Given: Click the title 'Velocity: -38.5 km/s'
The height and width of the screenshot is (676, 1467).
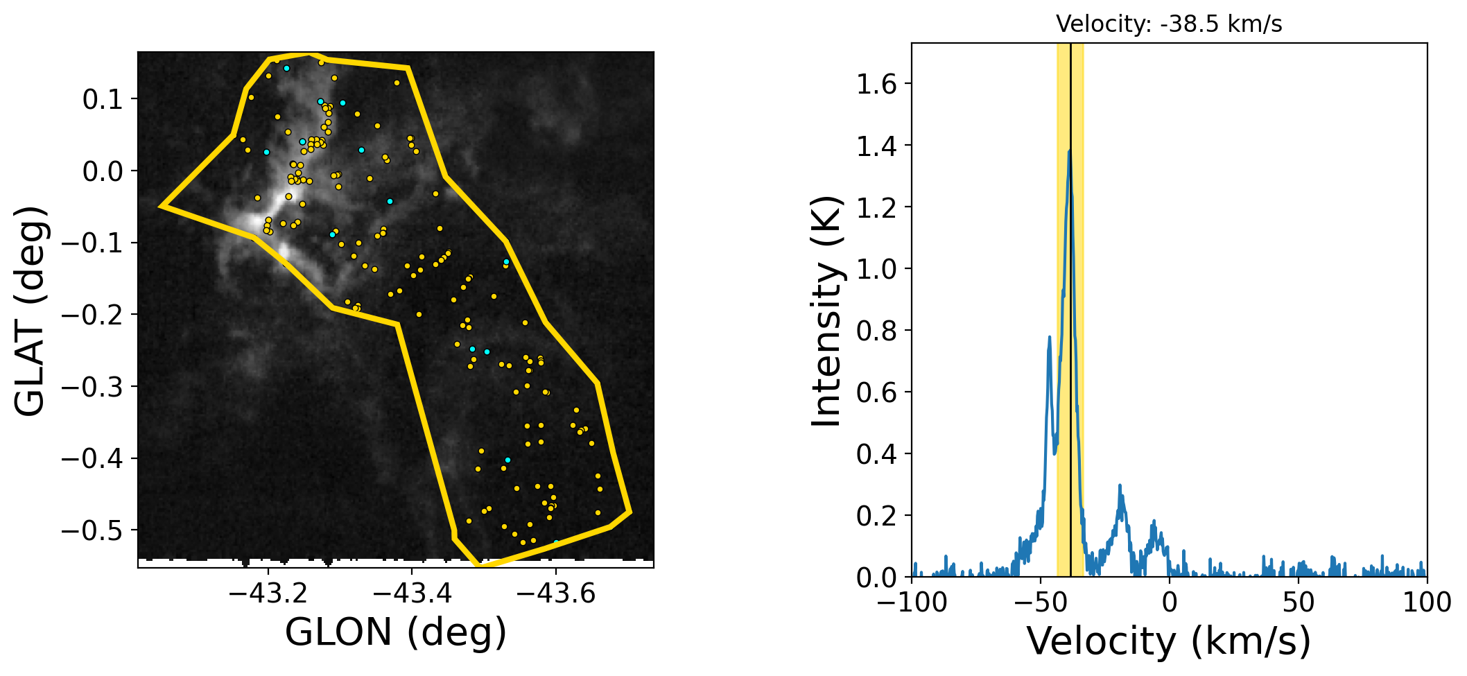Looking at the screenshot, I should tap(1169, 24).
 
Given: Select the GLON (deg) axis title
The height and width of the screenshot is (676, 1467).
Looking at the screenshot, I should tap(396, 632).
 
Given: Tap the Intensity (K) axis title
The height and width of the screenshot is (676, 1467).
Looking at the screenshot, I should tap(827, 310).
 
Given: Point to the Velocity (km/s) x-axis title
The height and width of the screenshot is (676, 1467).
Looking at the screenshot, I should tap(1169, 641).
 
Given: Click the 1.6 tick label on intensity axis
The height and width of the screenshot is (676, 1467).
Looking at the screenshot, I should tap(876, 85).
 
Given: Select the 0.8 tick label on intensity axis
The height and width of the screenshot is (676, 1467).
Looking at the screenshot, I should tap(876, 331).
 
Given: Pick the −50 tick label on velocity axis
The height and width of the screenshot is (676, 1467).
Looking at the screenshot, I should tap(1041, 603).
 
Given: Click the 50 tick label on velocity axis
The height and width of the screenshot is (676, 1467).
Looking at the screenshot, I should tap(1298, 603).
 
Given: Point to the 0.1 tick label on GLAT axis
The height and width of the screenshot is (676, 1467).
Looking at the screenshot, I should tap(102, 100).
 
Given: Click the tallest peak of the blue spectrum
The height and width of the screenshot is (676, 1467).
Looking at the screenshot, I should tap(1070, 150).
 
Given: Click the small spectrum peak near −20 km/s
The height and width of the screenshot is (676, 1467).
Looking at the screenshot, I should tap(1120, 486).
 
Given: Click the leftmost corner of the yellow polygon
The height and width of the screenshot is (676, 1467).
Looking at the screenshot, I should tap(162, 206).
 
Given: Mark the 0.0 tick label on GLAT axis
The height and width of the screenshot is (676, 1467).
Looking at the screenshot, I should tap(102, 171).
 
